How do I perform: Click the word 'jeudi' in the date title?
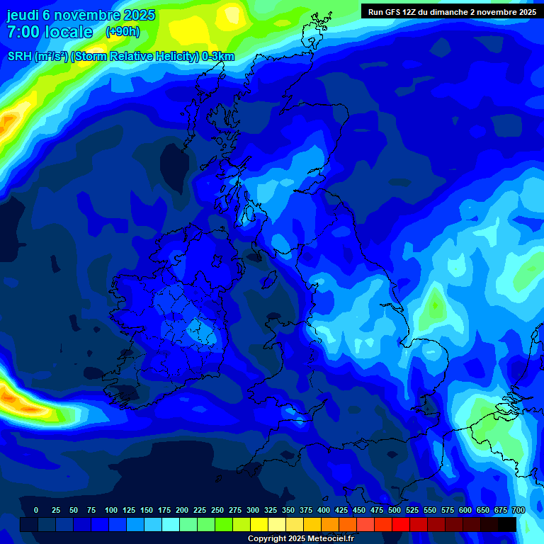click(24, 15)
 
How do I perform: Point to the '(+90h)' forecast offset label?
click(123, 32)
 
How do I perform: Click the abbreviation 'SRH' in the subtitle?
click(20, 57)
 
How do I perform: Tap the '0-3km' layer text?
click(218, 57)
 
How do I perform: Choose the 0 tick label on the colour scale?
click(36, 510)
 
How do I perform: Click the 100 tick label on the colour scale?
click(111, 510)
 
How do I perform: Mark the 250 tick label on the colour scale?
click(217, 510)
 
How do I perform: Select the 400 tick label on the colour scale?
click(324, 510)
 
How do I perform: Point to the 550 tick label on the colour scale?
click(430, 510)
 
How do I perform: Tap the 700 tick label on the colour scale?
click(518, 510)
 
